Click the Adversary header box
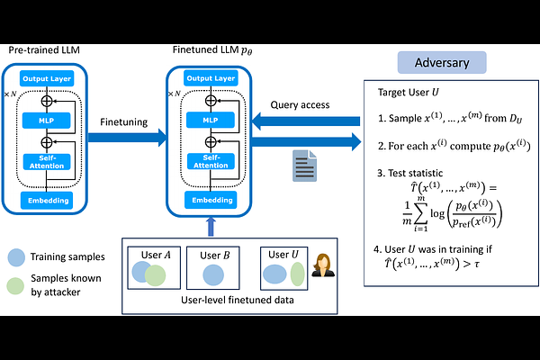pos(442,63)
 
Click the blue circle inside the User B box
pos(212,274)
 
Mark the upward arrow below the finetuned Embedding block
pos(209,224)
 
